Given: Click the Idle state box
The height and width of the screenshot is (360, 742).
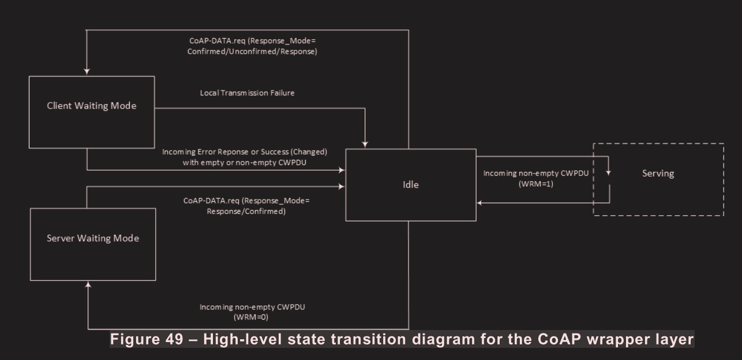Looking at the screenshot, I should (x=410, y=185).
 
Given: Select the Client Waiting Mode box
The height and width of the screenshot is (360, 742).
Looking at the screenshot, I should (x=92, y=106).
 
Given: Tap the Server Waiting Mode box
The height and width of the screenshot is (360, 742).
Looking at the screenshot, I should (x=92, y=238).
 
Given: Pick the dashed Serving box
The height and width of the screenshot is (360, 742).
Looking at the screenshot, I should (x=658, y=173).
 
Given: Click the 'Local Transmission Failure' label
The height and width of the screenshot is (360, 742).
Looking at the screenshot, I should (x=247, y=93).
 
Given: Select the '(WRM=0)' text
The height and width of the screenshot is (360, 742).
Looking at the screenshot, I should (x=252, y=317).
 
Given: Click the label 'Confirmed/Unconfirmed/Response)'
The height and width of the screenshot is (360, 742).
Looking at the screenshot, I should (x=253, y=51).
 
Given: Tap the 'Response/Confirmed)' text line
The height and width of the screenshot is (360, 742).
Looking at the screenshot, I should (x=247, y=211).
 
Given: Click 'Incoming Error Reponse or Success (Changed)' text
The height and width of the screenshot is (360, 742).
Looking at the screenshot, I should (x=245, y=152).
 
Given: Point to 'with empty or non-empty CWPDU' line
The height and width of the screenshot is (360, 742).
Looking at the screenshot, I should (x=244, y=162).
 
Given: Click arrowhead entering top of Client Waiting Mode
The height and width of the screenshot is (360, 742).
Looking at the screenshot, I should (x=87, y=72).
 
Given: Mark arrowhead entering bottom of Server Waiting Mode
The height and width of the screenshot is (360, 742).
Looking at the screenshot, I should (x=87, y=284).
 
